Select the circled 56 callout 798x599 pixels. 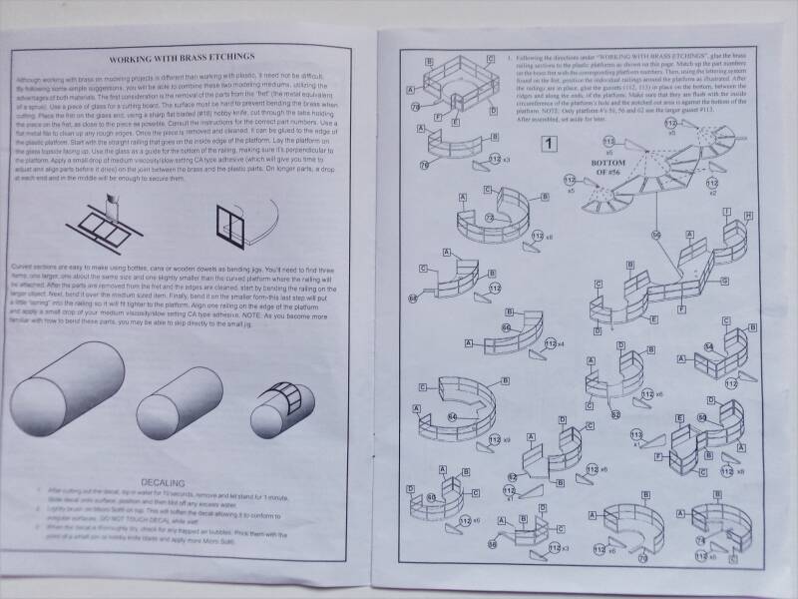coord(656,235)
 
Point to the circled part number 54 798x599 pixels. coord(709,347)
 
